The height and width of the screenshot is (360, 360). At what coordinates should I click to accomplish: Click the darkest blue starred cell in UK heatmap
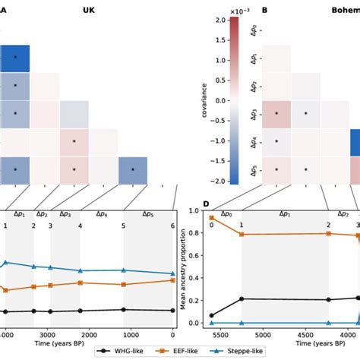(x=14, y=58)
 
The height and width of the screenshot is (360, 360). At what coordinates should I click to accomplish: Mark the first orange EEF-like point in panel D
(x=210, y=218)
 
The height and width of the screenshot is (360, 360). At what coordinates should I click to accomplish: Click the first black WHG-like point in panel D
(x=210, y=315)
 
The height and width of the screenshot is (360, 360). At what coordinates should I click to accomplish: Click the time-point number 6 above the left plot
(x=173, y=226)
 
